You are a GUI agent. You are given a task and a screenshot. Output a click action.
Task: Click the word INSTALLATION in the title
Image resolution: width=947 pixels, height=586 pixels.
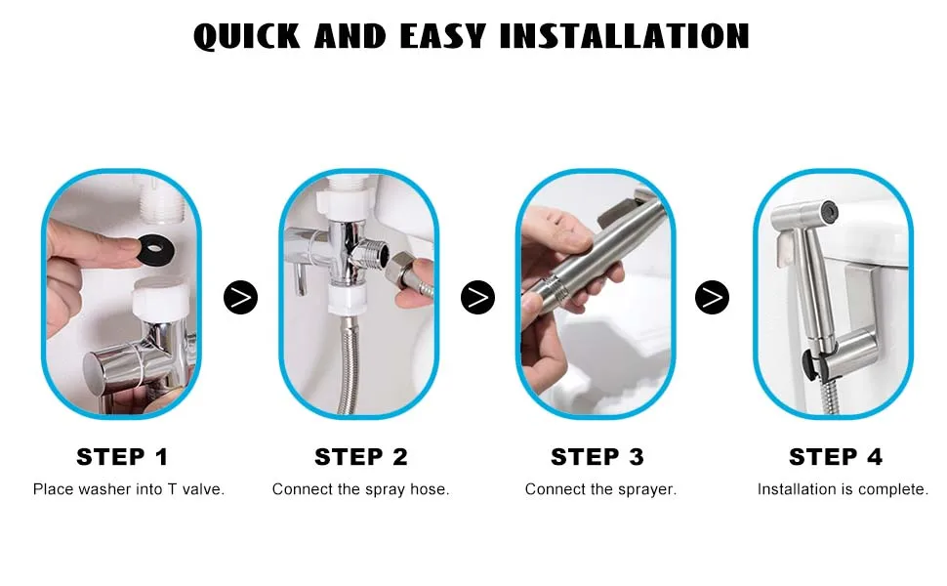click(625, 36)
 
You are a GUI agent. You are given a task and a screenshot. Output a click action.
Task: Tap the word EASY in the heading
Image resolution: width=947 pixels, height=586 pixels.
click(442, 36)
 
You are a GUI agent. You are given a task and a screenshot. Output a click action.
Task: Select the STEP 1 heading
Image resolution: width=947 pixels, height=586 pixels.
click(123, 457)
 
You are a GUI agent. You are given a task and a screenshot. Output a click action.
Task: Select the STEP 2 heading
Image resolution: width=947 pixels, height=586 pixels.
click(361, 457)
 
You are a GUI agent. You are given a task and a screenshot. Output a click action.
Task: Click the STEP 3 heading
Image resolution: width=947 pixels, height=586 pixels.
click(597, 457)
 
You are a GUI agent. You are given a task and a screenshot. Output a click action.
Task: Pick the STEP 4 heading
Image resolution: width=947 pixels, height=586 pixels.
click(836, 457)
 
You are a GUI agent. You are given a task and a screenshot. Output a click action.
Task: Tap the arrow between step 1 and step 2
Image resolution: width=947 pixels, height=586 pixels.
click(240, 297)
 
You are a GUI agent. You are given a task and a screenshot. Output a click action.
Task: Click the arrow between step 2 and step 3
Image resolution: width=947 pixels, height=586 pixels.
click(477, 297)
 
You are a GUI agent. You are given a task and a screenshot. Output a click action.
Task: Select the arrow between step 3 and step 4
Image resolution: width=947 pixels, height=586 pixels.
click(713, 297)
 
